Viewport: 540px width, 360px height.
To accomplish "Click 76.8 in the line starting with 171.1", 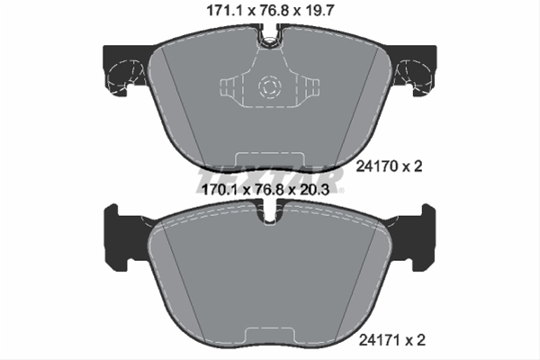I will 270,12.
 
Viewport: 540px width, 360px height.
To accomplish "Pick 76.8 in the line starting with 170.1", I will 270,190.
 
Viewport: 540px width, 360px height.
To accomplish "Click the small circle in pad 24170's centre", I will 268,87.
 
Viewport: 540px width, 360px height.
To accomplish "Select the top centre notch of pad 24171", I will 269,214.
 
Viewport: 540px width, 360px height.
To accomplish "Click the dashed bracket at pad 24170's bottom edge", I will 269,162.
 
